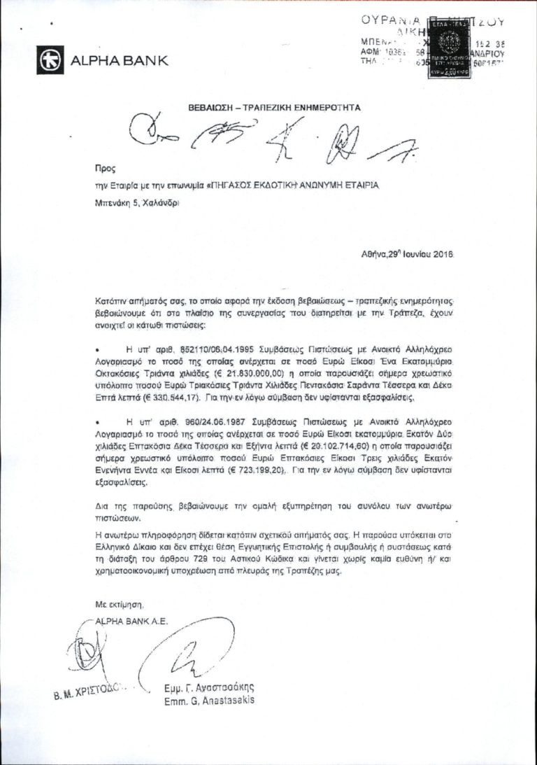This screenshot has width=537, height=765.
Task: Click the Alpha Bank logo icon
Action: click(x=51, y=59)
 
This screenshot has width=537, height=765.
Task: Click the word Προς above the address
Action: click(x=103, y=169)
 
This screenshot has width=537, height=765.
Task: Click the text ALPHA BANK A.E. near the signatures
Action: click(x=134, y=619)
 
